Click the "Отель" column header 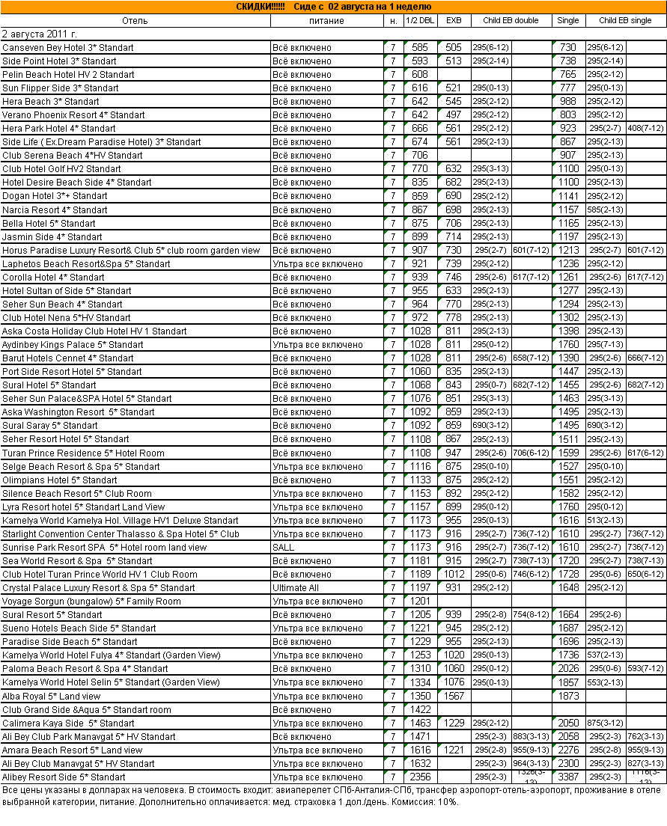(x=135, y=20)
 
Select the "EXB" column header (x=454, y=20)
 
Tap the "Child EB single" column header (x=625, y=20)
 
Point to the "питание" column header (x=326, y=20)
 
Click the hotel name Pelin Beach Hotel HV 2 (x=68, y=74)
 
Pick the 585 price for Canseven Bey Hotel (x=420, y=47)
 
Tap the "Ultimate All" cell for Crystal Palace (x=295, y=587)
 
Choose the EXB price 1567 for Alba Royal (x=454, y=696)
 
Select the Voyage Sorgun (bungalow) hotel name (x=91, y=601)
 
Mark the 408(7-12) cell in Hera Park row (x=646, y=128)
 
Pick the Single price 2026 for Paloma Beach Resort (x=568, y=668)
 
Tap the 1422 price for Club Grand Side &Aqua (x=420, y=709)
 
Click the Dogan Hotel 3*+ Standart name (x=55, y=195)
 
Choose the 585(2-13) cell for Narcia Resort (x=605, y=209)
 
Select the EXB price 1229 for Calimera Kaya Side (x=454, y=723)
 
